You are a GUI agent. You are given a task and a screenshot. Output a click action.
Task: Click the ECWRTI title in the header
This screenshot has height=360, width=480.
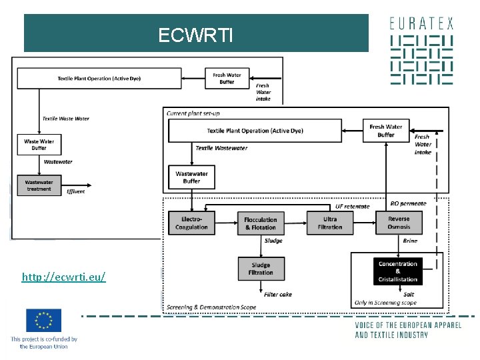pyautogui.click(x=196, y=35)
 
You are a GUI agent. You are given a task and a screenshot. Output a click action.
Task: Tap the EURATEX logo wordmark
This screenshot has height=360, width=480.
pyautogui.click(x=421, y=23)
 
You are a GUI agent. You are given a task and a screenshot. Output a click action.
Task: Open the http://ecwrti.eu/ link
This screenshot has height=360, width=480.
pyautogui.click(x=63, y=276)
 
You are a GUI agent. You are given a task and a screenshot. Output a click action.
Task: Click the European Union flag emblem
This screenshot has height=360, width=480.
pyautogui.click(x=44, y=321)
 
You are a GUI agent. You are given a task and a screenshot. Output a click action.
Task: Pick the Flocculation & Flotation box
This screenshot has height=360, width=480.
pyautogui.click(x=261, y=223)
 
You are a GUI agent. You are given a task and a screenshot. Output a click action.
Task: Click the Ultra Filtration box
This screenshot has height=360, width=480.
pyautogui.click(x=330, y=223)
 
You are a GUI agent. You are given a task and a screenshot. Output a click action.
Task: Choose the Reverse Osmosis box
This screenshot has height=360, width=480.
pyautogui.click(x=399, y=223)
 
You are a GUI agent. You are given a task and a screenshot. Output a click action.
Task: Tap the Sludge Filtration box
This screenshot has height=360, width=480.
pyautogui.click(x=261, y=268)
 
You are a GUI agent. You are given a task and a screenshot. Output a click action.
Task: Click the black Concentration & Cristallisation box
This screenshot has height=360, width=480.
pyautogui.click(x=398, y=271)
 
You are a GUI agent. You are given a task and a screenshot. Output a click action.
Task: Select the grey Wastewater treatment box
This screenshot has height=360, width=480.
pyautogui.click(x=39, y=185)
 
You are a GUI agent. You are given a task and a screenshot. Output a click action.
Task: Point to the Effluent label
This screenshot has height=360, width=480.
pyautogui.click(x=76, y=191)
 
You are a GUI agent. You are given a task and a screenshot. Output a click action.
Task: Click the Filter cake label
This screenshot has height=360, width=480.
pyautogui.click(x=278, y=294)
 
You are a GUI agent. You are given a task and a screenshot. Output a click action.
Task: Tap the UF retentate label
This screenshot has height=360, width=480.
pyautogui.click(x=352, y=206)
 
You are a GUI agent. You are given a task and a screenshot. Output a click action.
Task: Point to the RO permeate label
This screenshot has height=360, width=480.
pyautogui.click(x=408, y=203)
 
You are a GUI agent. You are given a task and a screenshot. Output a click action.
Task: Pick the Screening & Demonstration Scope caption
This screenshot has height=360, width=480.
pyautogui.click(x=211, y=307)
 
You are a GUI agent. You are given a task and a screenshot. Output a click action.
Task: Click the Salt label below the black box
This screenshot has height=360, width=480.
pyautogui.click(x=409, y=294)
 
